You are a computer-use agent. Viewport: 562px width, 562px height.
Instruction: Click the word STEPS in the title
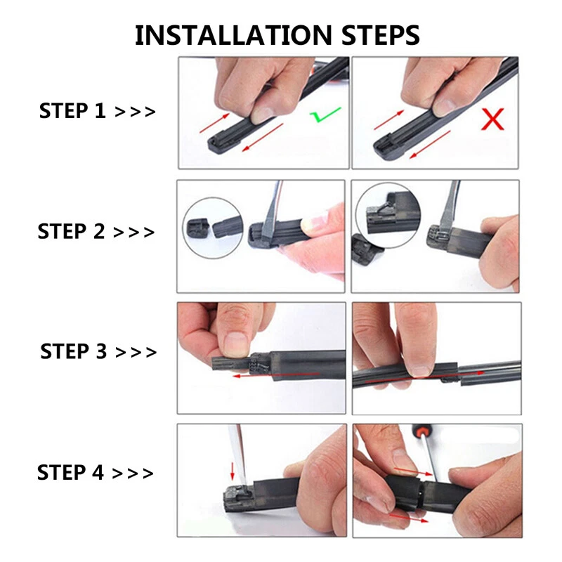(373, 34)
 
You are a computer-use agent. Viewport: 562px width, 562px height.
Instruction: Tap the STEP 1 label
(72, 111)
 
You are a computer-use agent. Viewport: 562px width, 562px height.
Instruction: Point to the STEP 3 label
(73, 351)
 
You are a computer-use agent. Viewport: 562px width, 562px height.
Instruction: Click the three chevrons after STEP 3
(135, 351)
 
